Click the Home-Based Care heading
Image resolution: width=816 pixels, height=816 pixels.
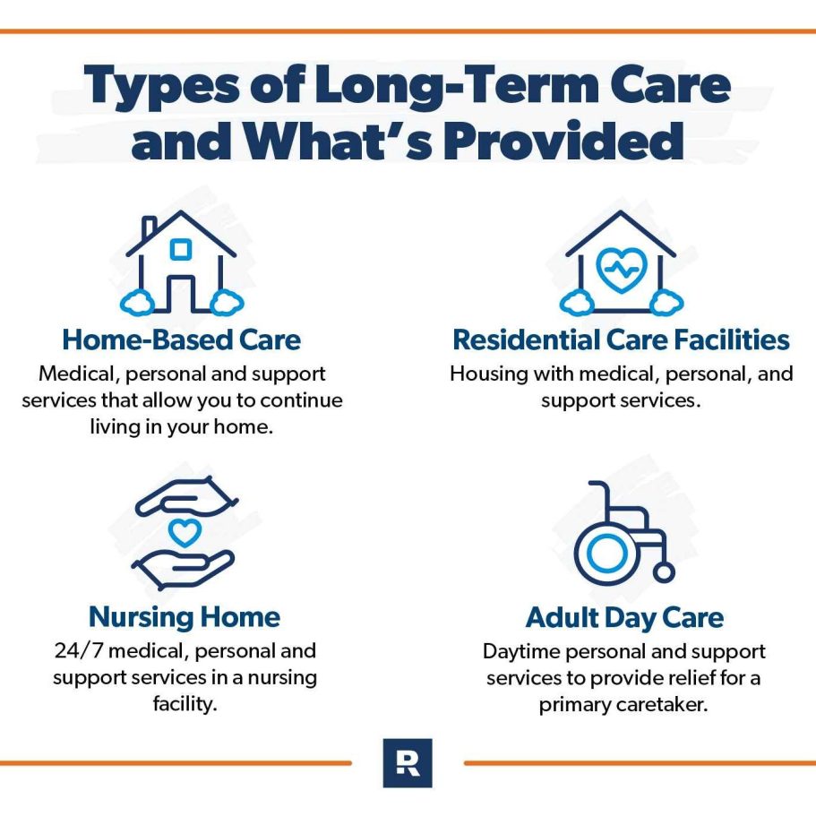pos(181,339)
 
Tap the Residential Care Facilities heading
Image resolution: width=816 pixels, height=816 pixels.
pos(621,339)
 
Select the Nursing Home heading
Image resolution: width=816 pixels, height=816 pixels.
pos(185,617)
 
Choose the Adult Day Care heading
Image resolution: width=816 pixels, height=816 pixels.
pos(624,618)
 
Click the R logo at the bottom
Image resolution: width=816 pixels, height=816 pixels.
pos(408,763)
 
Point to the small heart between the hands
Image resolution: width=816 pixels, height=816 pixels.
pos(185,532)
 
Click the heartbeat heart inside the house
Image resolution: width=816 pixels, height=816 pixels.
pos(622,270)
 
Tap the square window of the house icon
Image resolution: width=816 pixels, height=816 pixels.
pos(181,249)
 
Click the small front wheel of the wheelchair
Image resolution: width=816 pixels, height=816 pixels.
pos(664,572)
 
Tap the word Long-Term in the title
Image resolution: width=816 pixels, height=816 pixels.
pos(454,85)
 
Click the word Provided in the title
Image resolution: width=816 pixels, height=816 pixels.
pos(563,141)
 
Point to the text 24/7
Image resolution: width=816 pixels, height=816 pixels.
pos(79,650)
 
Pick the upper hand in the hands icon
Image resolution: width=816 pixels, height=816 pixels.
pos(186,497)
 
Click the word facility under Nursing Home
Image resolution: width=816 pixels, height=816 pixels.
pos(185,704)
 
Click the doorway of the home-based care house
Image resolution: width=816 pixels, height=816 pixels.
pos(181,293)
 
